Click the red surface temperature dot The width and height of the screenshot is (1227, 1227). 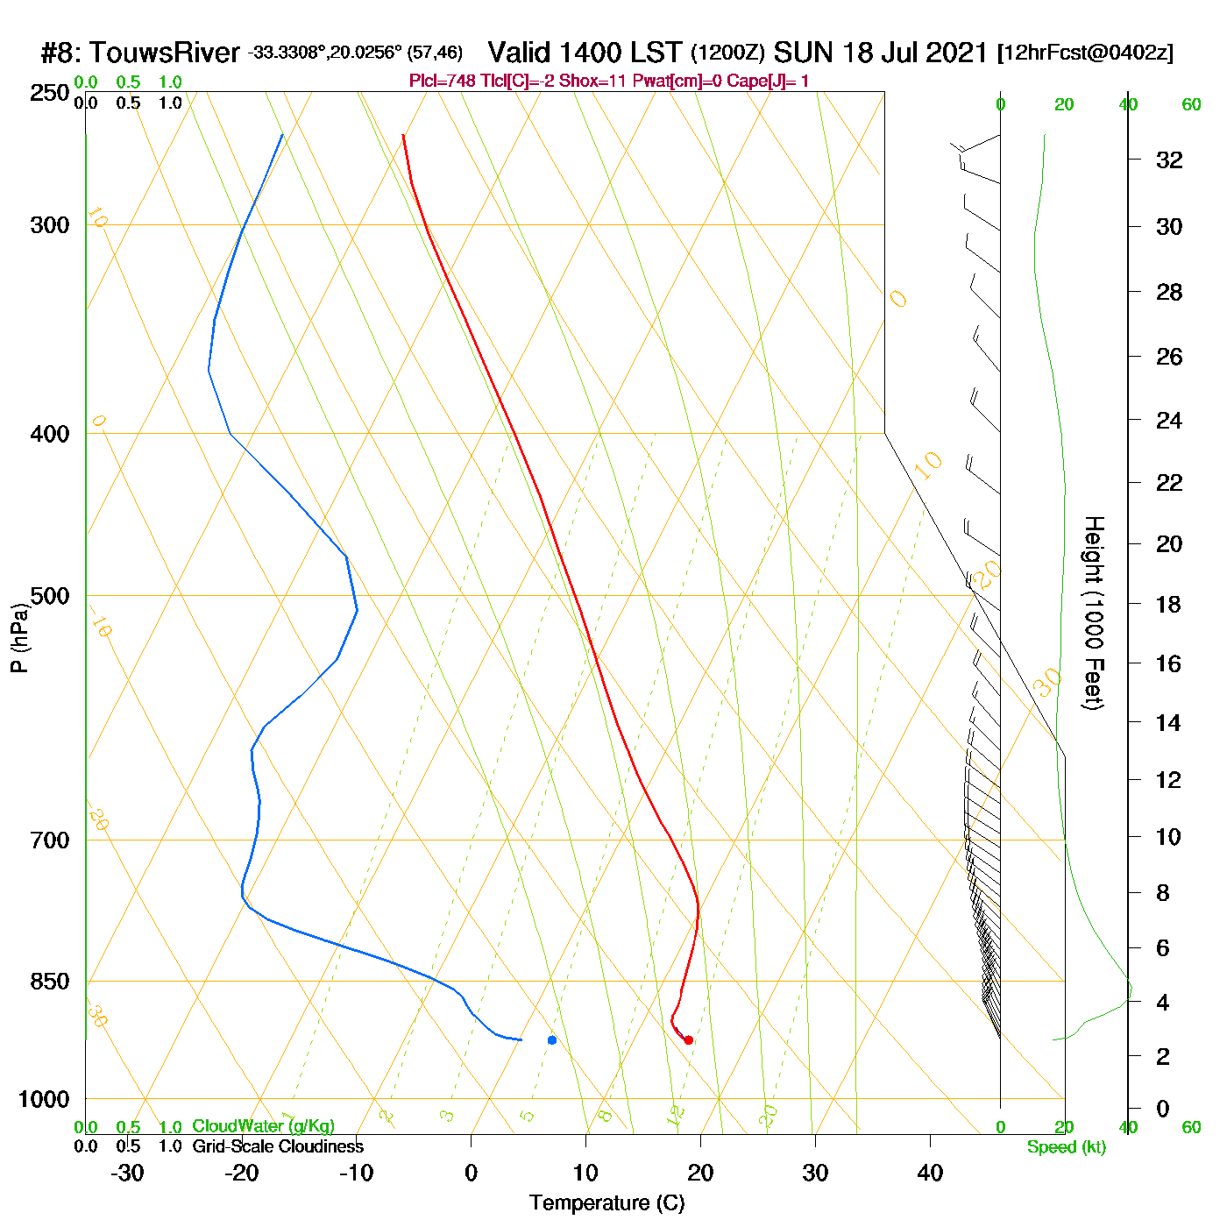[689, 1040]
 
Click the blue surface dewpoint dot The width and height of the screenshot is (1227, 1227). [552, 1040]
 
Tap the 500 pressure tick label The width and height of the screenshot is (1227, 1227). [50, 596]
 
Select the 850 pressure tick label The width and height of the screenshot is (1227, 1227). [50, 982]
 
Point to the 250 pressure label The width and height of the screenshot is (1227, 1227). [50, 93]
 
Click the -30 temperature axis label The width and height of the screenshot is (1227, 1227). [127, 1173]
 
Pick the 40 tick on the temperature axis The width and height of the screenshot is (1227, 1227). [930, 1173]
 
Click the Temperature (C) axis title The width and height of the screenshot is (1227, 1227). [606, 1203]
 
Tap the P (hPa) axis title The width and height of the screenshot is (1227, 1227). [19, 637]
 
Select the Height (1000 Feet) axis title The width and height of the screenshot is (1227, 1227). [1094, 613]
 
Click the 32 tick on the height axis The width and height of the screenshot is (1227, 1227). [1169, 160]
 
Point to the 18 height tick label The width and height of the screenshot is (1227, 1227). [1169, 604]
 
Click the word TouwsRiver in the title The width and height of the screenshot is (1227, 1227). [164, 53]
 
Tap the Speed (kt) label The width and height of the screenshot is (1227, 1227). [1067, 1147]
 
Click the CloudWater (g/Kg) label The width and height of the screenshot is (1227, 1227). [263, 1126]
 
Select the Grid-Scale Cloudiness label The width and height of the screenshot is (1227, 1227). [278, 1146]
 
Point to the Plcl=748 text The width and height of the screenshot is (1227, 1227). [443, 82]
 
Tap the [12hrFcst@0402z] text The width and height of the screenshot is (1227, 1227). [1085, 53]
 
